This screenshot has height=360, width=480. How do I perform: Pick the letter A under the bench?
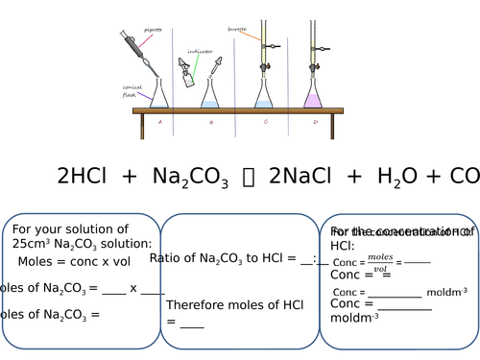coord(159,122)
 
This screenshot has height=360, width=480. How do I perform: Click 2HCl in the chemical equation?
coord(84,176)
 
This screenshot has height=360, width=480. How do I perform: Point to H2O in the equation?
coord(397,177)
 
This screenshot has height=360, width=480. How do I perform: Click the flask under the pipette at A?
coord(158,93)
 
